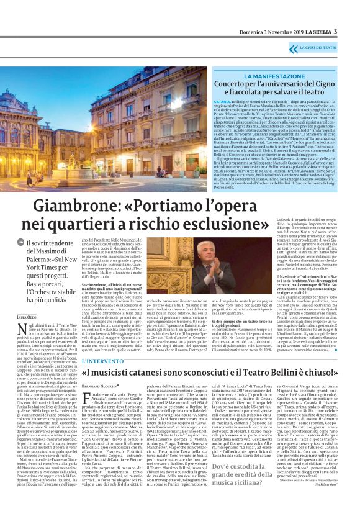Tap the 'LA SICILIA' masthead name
[315, 32]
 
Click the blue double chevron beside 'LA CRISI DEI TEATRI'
[294, 47]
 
